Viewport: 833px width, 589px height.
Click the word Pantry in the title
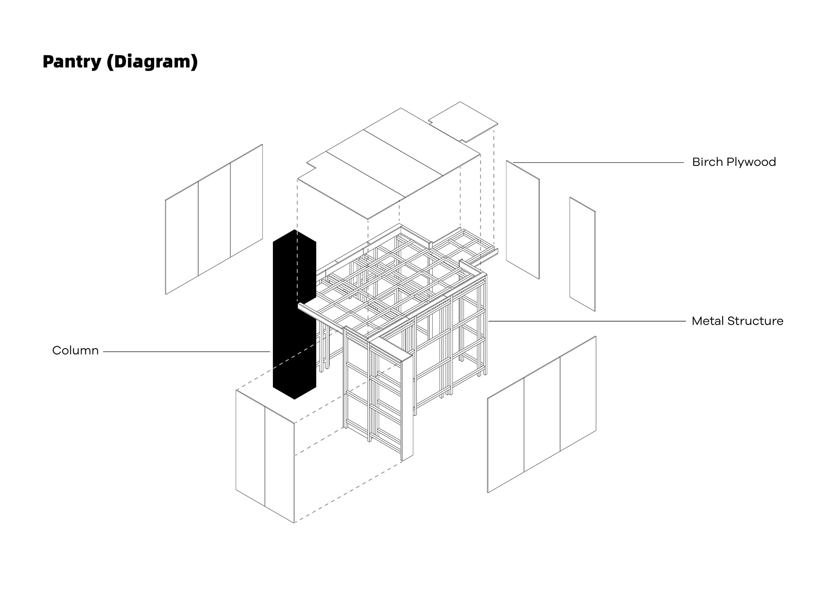click(72, 62)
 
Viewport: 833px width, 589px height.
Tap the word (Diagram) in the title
click(152, 62)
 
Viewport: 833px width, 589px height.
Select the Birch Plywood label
click(734, 162)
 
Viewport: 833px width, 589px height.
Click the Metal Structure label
click(737, 321)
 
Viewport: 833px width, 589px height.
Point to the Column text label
click(75, 351)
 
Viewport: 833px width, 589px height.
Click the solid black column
click(294, 317)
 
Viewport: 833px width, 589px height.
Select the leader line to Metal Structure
click(587, 321)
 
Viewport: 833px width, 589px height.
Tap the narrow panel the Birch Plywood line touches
click(523, 220)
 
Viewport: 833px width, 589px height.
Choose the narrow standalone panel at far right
click(582, 254)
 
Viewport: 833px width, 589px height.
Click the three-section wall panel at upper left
click(214, 220)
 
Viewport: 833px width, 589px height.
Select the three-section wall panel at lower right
click(542, 414)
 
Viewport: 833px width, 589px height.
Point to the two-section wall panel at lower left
click(265, 457)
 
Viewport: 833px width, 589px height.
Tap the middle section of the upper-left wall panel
click(214, 220)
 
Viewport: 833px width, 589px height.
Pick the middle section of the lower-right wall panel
click(542, 414)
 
